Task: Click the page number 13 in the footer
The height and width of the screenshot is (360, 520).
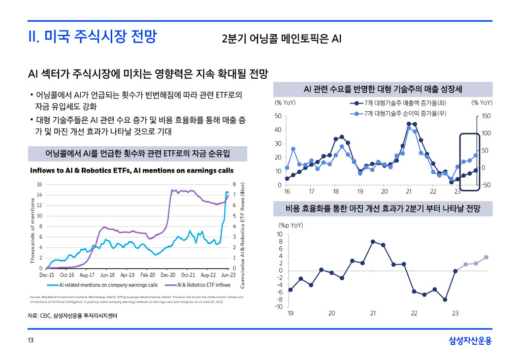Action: point(31,341)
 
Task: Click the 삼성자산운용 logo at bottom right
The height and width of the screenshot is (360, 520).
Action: point(470,341)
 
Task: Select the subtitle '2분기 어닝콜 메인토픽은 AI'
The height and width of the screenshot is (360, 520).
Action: point(281,39)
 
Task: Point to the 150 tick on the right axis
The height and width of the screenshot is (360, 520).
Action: point(486,116)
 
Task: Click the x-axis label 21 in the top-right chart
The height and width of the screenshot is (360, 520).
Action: point(409,191)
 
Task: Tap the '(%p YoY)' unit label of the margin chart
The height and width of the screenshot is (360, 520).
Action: point(290,224)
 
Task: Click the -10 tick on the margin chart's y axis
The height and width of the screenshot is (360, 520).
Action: point(279,306)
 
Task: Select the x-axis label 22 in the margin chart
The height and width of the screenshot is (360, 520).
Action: point(414,313)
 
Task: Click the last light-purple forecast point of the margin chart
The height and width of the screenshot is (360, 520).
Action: point(486,257)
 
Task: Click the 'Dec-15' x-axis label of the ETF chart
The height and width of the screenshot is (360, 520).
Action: point(47,275)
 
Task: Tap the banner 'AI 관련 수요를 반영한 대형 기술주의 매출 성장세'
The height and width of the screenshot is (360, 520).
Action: point(382,89)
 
